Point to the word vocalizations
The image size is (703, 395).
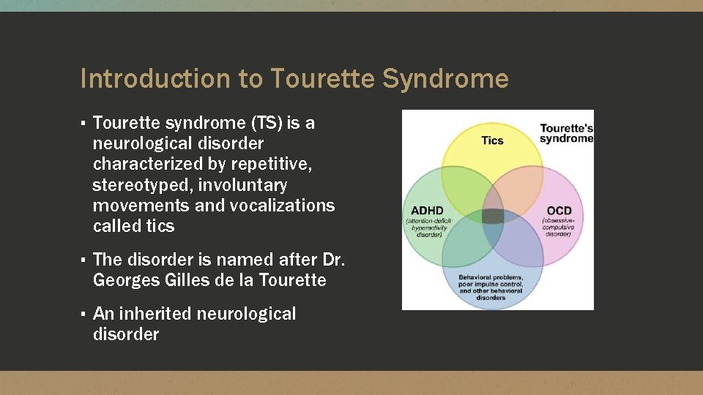(x=282, y=206)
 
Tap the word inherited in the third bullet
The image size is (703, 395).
(x=157, y=314)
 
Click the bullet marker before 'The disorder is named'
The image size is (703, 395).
(x=84, y=260)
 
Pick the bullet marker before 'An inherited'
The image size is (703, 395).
(x=84, y=315)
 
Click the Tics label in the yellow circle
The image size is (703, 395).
(x=492, y=140)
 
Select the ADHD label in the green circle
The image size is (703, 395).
(x=427, y=211)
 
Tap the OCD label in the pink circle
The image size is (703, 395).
(x=559, y=211)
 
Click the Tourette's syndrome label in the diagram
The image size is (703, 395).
(x=566, y=134)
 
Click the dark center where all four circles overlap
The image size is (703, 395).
(x=492, y=217)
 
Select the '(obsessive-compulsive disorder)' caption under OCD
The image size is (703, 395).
(x=559, y=227)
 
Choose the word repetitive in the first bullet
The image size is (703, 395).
(x=274, y=165)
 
